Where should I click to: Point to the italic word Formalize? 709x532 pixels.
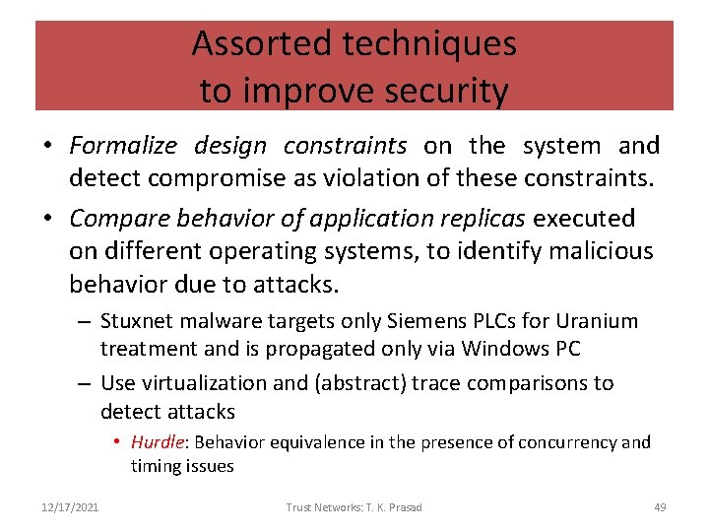(x=123, y=146)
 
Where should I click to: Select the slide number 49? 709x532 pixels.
(x=660, y=507)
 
